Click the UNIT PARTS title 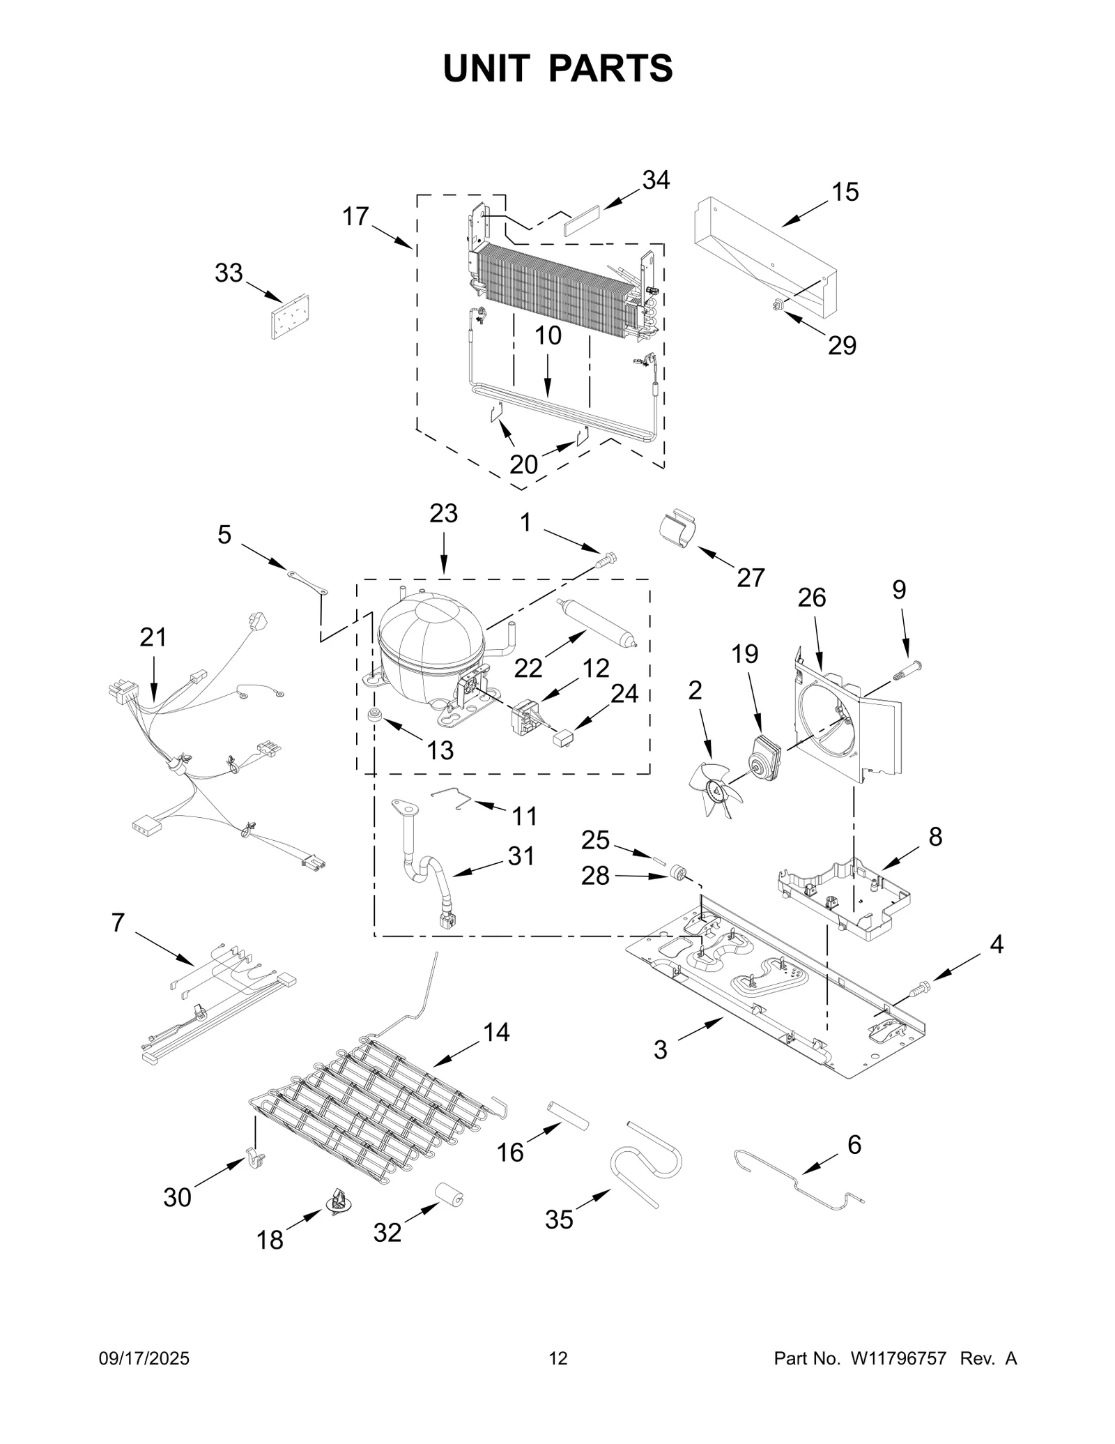click(x=557, y=68)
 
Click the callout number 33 click(x=228, y=273)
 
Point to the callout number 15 click(x=845, y=192)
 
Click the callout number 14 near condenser click(x=496, y=1032)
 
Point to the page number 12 click(x=558, y=1358)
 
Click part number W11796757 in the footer click(x=898, y=1358)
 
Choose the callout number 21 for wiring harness click(x=153, y=637)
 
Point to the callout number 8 click(x=935, y=836)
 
